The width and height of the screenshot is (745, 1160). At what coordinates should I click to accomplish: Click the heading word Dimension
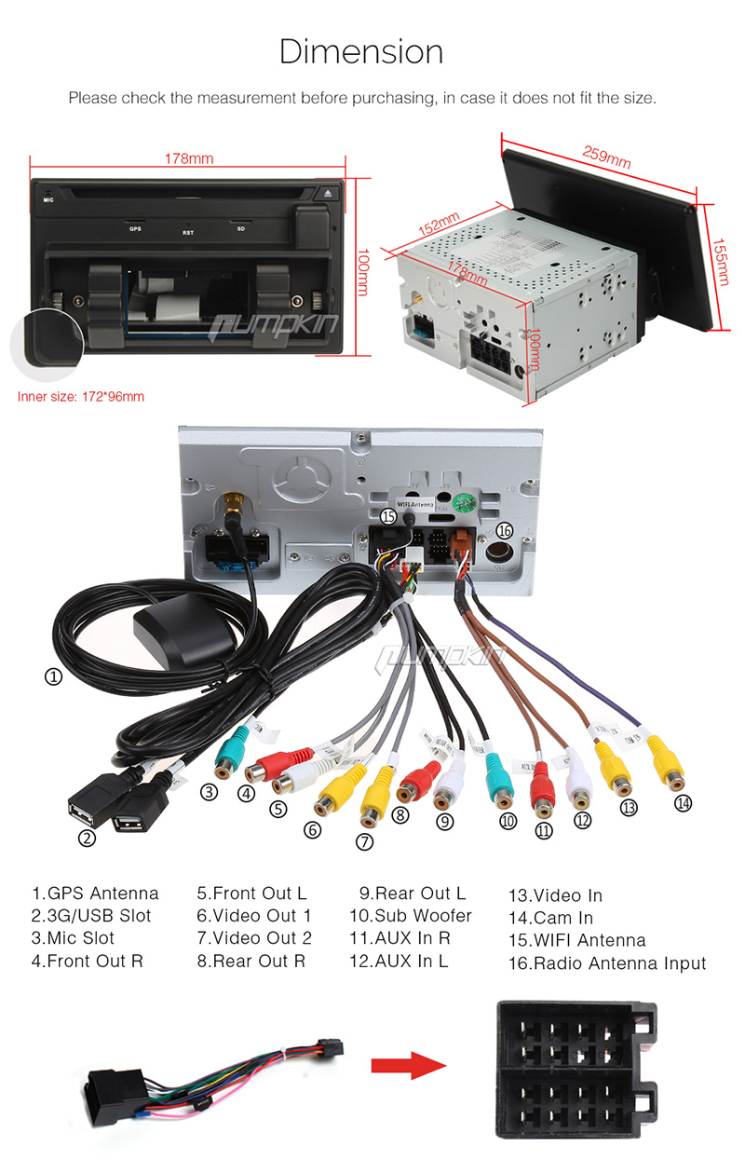click(x=361, y=52)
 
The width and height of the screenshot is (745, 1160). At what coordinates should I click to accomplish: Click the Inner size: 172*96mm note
click(x=81, y=396)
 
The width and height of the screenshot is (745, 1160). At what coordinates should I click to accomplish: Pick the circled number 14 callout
click(x=684, y=802)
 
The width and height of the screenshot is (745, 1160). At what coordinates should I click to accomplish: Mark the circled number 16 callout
click(x=504, y=530)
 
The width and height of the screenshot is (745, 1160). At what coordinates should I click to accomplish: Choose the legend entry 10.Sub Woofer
click(x=411, y=916)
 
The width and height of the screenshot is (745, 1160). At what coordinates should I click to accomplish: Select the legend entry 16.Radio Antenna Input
click(x=607, y=963)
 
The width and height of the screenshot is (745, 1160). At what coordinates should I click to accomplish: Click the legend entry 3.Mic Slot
click(x=74, y=938)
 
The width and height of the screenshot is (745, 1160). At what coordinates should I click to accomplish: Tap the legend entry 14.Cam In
click(x=550, y=918)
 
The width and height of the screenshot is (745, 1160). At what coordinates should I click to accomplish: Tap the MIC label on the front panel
click(x=47, y=198)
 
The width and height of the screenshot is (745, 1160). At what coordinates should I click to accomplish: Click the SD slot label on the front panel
click(x=240, y=229)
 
